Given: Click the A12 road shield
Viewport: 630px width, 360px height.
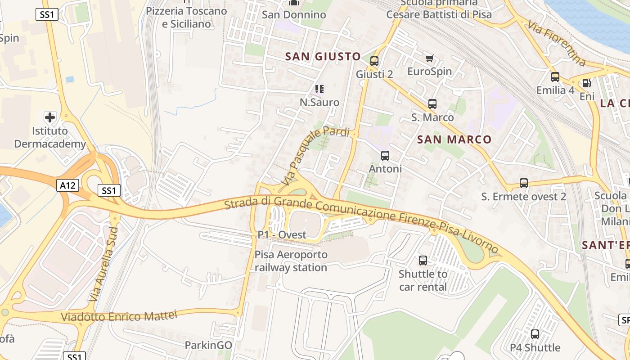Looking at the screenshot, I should (x=68, y=185).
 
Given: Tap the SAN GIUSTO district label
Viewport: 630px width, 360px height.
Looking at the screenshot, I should (x=323, y=56).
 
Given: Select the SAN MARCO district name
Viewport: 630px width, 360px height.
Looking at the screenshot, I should (x=454, y=139).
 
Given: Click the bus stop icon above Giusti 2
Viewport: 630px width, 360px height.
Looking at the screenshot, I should (x=374, y=61).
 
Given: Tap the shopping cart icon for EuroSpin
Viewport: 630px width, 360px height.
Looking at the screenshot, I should (x=429, y=58).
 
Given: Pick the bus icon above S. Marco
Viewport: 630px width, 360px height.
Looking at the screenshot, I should (x=432, y=104).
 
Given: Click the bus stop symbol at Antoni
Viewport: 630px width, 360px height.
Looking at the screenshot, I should (x=385, y=156).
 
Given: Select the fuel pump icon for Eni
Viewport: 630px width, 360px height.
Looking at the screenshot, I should (x=586, y=83).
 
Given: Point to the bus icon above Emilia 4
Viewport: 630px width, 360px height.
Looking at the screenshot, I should (x=555, y=77).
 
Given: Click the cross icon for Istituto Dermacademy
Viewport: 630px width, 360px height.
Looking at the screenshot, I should (x=50, y=117).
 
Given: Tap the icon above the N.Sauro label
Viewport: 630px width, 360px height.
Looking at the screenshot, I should (x=319, y=89).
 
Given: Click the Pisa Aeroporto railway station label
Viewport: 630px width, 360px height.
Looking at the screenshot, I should (x=291, y=261).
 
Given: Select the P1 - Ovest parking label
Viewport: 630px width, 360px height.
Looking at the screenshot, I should (x=282, y=235).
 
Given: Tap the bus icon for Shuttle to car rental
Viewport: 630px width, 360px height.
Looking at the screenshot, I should (x=423, y=261).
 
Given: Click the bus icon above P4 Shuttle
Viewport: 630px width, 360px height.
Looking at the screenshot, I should (x=535, y=334).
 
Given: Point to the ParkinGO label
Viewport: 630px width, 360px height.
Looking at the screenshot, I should (x=208, y=345).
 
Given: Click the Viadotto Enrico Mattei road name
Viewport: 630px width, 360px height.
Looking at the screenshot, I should (x=119, y=316).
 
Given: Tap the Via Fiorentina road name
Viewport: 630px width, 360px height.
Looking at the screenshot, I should (x=556, y=43).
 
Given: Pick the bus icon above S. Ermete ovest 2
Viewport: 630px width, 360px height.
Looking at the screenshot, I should (x=524, y=183).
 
